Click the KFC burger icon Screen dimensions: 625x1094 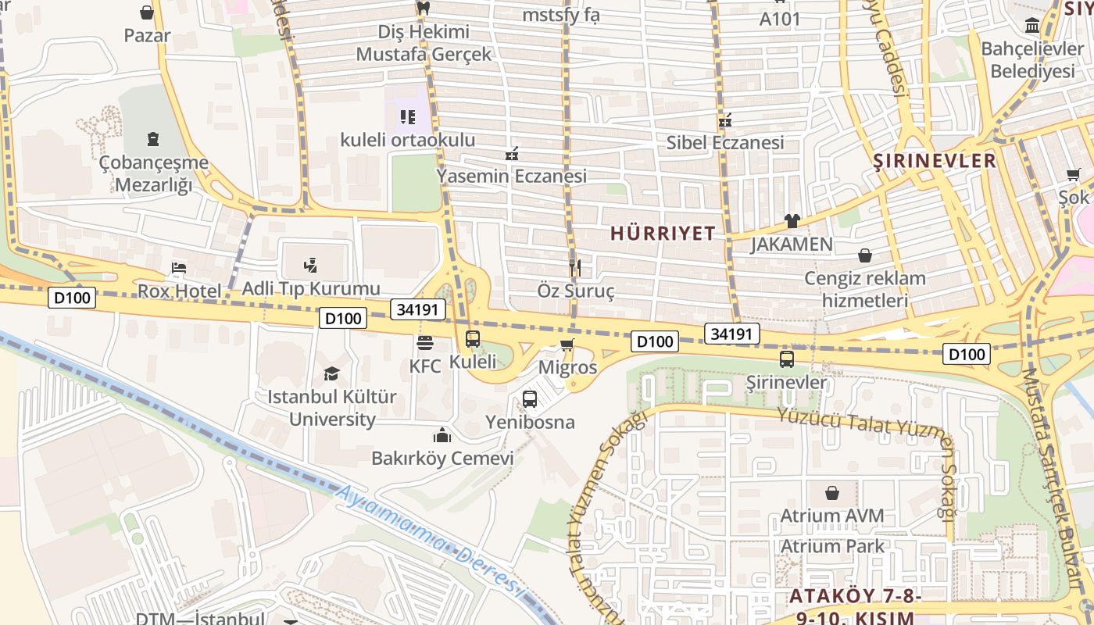point(425,342)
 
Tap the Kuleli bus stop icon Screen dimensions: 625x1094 point(473,339)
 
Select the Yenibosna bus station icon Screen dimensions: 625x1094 point(530,399)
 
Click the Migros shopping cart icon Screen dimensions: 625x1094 point(567,345)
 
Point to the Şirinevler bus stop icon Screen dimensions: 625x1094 point(787,359)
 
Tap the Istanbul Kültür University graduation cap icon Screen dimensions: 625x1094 point(332,373)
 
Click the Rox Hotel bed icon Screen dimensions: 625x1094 point(179,268)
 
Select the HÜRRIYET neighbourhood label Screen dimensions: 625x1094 point(663,233)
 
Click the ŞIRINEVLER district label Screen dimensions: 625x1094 point(935,161)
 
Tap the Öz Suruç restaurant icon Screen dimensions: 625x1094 point(575,268)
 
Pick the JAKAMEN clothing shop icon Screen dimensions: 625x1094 point(792,221)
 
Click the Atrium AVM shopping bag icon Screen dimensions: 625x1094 point(832,493)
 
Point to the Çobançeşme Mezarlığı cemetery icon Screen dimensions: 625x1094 point(153,140)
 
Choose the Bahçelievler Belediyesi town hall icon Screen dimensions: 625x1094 point(1032,26)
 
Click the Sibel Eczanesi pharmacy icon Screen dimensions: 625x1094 point(725,120)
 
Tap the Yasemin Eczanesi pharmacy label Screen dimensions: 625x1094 point(512,176)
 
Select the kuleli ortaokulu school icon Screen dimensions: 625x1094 point(407,117)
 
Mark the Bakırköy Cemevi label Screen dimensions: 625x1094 point(442,459)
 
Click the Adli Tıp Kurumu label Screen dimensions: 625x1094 point(311,288)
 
